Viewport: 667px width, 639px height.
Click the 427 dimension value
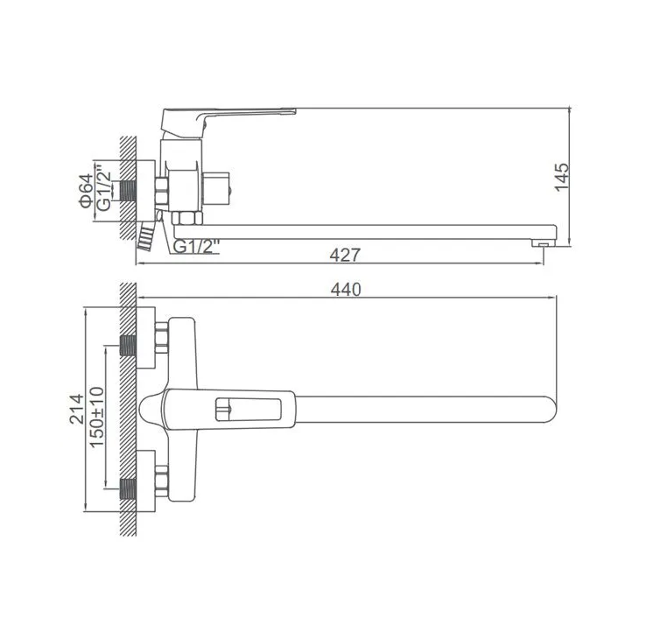coord(345,255)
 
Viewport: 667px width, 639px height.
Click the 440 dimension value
coord(346,290)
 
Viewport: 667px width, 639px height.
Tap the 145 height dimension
coord(562,177)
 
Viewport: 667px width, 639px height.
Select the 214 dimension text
coord(77,409)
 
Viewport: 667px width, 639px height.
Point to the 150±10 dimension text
coord(97,417)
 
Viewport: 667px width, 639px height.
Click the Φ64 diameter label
coord(86,191)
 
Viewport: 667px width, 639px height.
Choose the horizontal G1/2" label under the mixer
coord(196,246)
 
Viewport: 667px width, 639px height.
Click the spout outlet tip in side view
coord(544,243)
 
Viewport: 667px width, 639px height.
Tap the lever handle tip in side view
coord(292,111)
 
